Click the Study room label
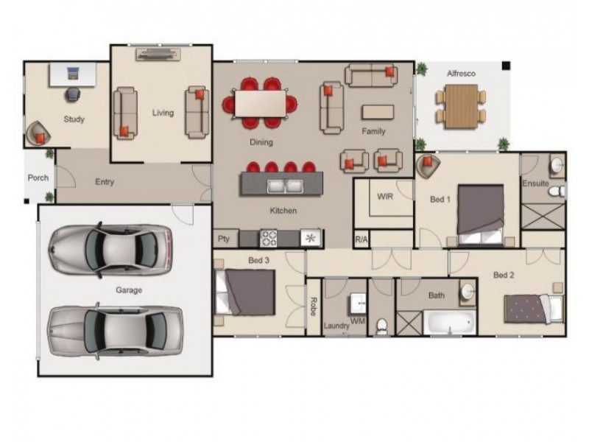click(x=74, y=119)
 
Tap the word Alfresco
click(x=461, y=74)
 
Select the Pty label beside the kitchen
click(x=224, y=239)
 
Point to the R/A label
click(x=361, y=239)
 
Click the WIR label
click(x=385, y=197)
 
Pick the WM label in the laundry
click(x=357, y=320)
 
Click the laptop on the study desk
click(x=73, y=73)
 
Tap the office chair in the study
click(x=73, y=94)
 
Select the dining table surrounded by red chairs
click(x=260, y=104)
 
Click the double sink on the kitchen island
click(x=285, y=186)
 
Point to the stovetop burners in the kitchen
click(x=269, y=238)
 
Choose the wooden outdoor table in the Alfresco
click(x=462, y=106)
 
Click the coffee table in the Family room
click(x=378, y=112)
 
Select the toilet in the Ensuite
click(x=557, y=192)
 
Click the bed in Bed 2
click(x=534, y=309)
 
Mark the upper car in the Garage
click(x=111, y=250)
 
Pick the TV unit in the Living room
click(x=158, y=55)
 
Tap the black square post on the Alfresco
click(x=506, y=66)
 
